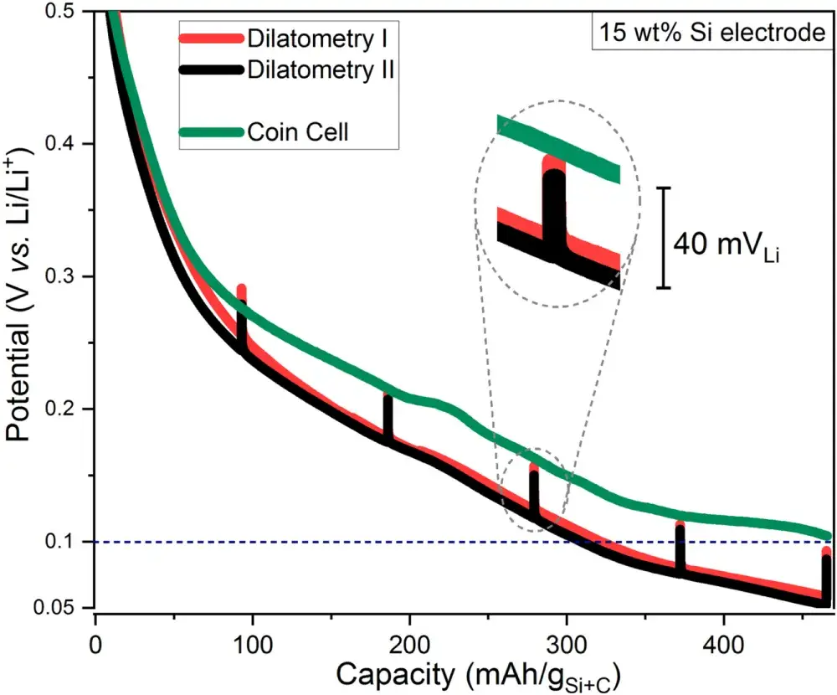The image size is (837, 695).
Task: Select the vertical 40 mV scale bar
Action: click(x=664, y=238)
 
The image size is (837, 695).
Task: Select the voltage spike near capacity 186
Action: click(x=388, y=415)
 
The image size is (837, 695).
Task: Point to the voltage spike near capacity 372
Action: click(x=680, y=548)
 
